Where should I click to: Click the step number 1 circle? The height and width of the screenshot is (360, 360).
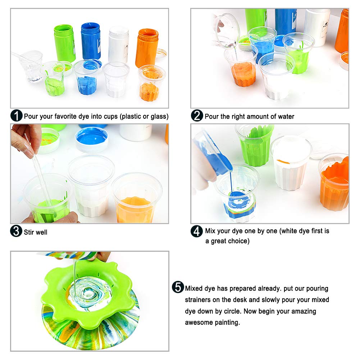pyautogui.click(x=17, y=116)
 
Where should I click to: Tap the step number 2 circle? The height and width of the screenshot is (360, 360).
pyautogui.click(x=197, y=116)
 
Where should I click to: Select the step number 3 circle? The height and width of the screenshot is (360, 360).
pyautogui.click(x=17, y=231)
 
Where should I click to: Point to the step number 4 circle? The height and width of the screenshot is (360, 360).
pyautogui.click(x=197, y=231)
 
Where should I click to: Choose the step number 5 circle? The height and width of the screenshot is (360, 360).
pyautogui.click(x=178, y=287)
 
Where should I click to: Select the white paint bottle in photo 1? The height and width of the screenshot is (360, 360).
pyautogui.click(x=118, y=44)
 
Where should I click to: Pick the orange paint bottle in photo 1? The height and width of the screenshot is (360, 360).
pyautogui.click(x=147, y=47)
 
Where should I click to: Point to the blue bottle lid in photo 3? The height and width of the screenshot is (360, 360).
pyautogui.click(x=92, y=139)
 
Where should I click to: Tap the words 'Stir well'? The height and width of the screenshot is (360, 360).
pyautogui.click(x=36, y=232)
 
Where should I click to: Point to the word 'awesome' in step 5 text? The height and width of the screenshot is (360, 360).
pyautogui.click(x=199, y=322)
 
